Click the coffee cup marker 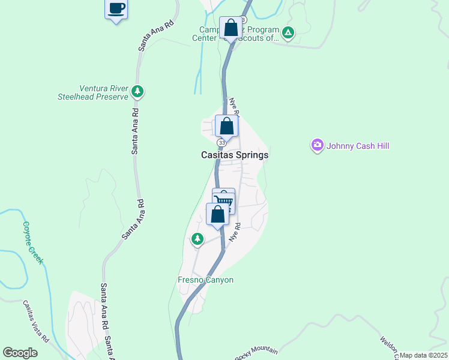pyautogui.click(x=116, y=10)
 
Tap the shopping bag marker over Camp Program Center pyautogui.click(x=231, y=28)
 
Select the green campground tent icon pyautogui.click(x=288, y=33)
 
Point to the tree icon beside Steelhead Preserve pyautogui.click(x=138, y=91)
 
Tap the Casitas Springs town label pyautogui.click(x=234, y=155)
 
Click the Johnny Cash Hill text pyautogui.click(x=358, y=145)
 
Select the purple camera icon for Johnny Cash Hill pyautogui.click(x=317, y=145)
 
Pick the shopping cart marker pyautogui.click(x=224, y=200)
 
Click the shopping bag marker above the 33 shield pyautogui.click(x=226, y=127)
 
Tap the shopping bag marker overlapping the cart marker pyautogui.click(x=217, y=215)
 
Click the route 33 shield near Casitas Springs pyautogui.click(x=222, y=143)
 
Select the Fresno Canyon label pyautogui.click(x=205, y=280)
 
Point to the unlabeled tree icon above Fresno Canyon pyautogui.click(x=197, y=239)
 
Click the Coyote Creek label pyautogui.click(x=34, y=243)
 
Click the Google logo pyautogui.click(x=20, y=353)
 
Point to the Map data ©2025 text pyautogui.click(x=423, y=355)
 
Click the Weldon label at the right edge pyautogui.click(x=388, y=347)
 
